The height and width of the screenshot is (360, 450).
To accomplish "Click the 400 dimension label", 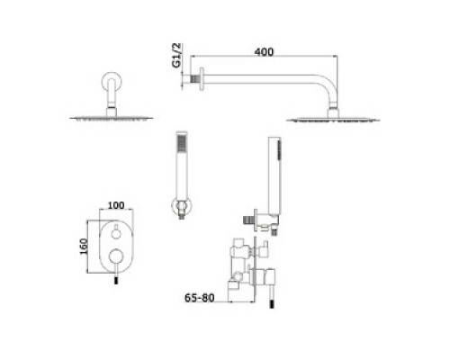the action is (x=264, y=52).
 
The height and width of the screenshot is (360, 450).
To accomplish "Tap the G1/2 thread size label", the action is (x=176, y=56).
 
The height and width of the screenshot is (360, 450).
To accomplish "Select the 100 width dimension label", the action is (x=116, y=205).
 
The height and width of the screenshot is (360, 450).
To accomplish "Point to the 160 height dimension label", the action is (x=84, y=247).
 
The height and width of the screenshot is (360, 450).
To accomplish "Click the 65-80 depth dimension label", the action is (x=200, y=298).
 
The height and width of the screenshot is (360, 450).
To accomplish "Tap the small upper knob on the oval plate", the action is (x=115, y=233).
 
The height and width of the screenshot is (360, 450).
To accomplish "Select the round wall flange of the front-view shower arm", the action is (x=112, y=82).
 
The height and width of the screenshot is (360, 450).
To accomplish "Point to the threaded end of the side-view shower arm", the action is (x=195, y=79).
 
